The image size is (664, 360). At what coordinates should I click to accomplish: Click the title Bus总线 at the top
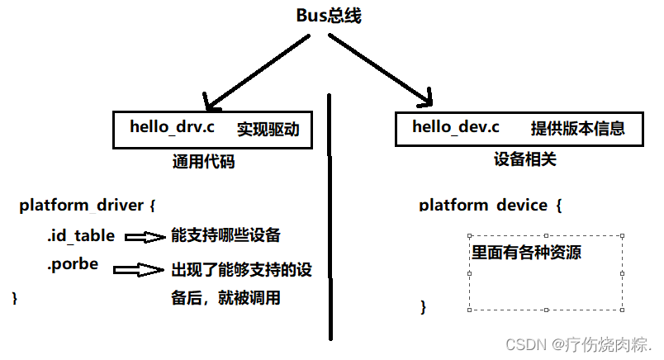329,15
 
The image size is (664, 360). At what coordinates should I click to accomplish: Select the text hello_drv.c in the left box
172,127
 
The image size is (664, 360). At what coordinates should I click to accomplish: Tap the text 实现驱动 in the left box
268,129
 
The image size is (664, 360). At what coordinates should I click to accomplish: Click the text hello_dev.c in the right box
456,127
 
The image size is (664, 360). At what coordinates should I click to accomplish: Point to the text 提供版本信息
577,129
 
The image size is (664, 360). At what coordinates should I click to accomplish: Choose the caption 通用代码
203,162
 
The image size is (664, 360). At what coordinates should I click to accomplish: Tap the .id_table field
80,236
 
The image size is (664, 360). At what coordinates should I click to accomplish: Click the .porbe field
73,265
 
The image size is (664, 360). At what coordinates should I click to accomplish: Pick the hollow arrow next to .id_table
145,237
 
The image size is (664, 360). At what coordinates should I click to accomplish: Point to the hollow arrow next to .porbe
139,269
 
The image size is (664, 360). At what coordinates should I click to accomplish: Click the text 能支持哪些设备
225,236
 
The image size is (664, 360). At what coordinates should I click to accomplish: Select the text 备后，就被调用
225,298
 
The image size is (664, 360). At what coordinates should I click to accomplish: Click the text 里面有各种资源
525,253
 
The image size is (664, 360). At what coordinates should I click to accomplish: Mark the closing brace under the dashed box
424,307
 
